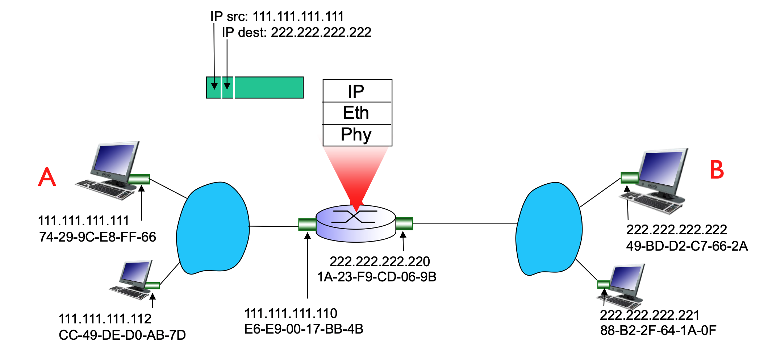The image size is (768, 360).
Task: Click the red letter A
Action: (47, 177)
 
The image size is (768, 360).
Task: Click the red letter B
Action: (717, 170)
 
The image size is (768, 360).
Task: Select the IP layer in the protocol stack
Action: (357, 91)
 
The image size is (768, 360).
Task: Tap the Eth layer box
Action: (357, 113)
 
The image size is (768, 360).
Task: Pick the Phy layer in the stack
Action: (357, 135)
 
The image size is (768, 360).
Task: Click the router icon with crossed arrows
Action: (355, 222)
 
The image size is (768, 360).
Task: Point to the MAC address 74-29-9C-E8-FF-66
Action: (97, 237)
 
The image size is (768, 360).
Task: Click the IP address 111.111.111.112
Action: (105, 319)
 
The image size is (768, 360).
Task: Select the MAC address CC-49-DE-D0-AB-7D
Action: (122, 335)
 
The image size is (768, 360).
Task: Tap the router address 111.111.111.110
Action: (291, 313)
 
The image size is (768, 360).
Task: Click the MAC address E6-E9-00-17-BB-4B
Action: (304, 329)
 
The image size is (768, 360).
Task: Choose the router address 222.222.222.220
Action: (380, 261)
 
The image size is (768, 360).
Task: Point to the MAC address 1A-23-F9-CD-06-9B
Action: (377, 277)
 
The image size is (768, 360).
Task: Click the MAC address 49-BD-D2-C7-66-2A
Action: (687, 246)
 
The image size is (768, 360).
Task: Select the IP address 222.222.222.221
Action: (650, 315)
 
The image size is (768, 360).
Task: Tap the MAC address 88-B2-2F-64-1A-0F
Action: (658, 330)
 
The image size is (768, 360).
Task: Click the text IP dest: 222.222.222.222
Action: (296, 33)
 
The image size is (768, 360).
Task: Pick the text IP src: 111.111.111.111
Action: (277, 16)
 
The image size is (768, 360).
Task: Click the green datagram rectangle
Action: (268, 88)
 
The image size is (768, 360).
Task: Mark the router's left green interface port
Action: (307, 224)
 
